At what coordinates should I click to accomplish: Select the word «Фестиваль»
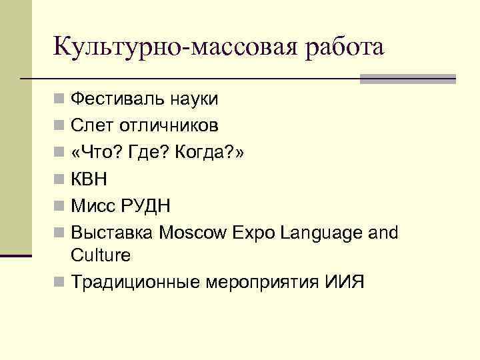[115, 100]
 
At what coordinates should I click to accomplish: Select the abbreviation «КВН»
[89, 179]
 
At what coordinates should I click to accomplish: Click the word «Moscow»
[193, 232]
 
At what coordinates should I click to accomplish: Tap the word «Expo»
[254, 232]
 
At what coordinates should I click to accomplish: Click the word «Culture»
[101, 255]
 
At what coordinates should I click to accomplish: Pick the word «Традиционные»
[131, 282]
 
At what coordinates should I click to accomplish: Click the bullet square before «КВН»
[60, 179]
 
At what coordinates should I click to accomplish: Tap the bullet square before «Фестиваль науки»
[60, 101]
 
